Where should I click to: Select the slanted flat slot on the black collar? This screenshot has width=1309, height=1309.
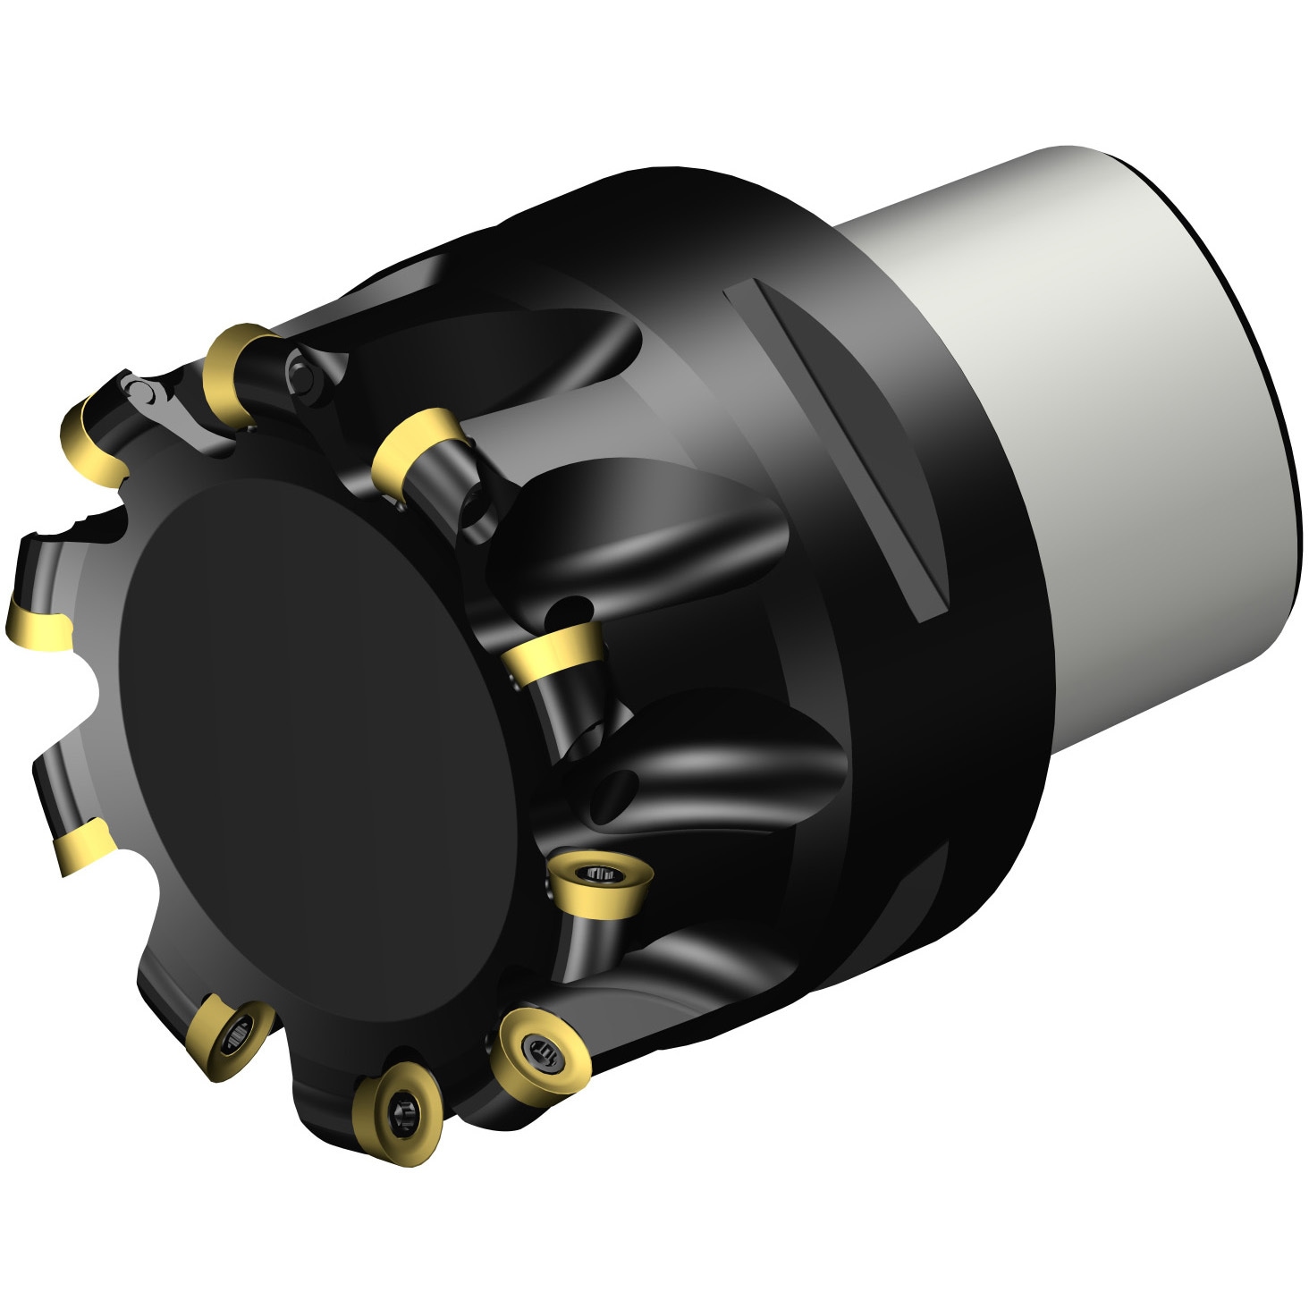836,447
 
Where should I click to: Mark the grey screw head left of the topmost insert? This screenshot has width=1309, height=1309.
143,391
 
